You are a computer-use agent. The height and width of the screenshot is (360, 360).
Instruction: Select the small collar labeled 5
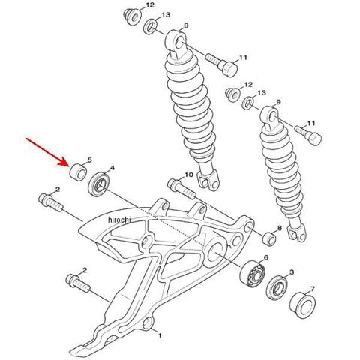(78, 172)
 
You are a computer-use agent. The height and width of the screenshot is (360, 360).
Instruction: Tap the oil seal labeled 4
(99, 184)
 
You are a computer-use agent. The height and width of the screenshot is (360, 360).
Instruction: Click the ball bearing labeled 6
(252, 273)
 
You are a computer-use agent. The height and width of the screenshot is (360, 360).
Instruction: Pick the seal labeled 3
(277, 288)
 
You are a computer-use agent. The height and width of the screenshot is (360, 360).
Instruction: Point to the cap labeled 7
(302, 305)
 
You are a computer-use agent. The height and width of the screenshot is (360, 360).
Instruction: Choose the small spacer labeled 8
(269, 239)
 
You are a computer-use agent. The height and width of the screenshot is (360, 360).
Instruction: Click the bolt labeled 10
(181, 188)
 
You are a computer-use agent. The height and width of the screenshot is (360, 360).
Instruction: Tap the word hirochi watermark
(119, 220)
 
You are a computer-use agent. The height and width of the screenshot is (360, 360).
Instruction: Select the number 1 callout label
(160, 335)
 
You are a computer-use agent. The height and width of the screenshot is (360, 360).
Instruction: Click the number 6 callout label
(265, 257)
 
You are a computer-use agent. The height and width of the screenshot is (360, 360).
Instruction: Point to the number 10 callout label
(189, 175)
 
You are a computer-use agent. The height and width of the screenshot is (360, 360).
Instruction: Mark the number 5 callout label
(89, 160)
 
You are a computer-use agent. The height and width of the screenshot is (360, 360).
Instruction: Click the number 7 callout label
(313, 289)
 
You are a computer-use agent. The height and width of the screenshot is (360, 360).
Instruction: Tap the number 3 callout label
(292, 271)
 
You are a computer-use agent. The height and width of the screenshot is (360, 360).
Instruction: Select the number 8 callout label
(280, 228)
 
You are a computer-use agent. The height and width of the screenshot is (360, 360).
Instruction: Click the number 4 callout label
(112, 168)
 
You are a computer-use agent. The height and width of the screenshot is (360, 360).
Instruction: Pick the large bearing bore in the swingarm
(215, 252)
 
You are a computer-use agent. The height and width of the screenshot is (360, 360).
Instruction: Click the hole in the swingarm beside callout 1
(147, 322)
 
